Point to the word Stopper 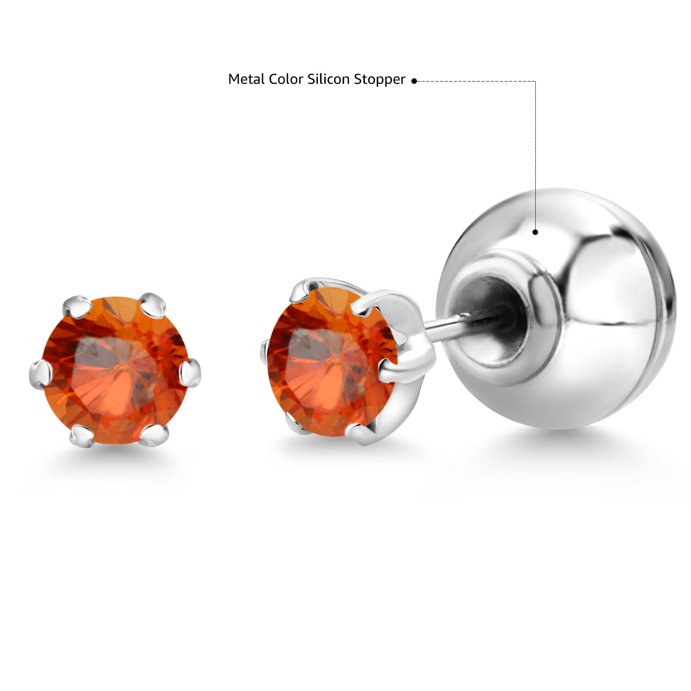(x=380, y=80)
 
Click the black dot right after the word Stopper (x=414, y=81)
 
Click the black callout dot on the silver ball (x=535, y=232)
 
